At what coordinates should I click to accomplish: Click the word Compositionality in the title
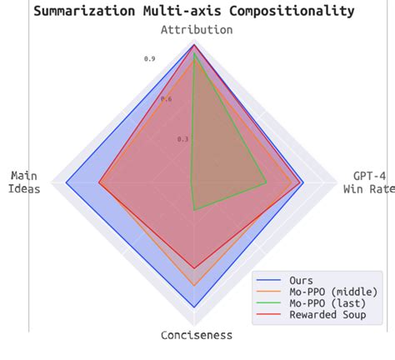(x=286, y=11)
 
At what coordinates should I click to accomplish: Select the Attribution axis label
(x=197, y=30)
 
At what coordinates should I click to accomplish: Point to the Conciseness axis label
(x=197, y=335)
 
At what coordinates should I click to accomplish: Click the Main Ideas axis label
(x=25, y=182)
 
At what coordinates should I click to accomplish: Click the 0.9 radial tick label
(x=149, y=59)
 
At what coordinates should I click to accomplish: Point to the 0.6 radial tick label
(x=166, y=99)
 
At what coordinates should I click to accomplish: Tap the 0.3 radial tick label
(x=183, y=139)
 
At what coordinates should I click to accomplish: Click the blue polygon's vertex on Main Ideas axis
(x=65, y=182)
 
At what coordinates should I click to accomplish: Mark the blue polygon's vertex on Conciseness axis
(x=194, y=307)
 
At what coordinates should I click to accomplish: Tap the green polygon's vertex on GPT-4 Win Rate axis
(x=267, y=182)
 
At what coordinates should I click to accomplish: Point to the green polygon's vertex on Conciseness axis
(x=194, y=210)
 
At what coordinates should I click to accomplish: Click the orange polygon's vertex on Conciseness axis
(x=194, y=286)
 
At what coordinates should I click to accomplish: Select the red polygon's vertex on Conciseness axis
(x=194, y=268)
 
